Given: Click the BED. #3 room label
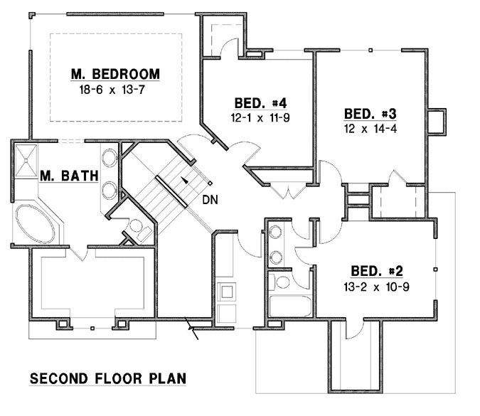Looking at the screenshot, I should [370, 114].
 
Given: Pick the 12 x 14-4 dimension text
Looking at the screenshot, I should [370, 130].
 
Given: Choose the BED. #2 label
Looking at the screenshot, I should [377, 271].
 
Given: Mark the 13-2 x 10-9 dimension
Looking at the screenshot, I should [377, 287].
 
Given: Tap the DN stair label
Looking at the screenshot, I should [209, 199].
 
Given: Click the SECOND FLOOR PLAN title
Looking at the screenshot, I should [107, 378].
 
